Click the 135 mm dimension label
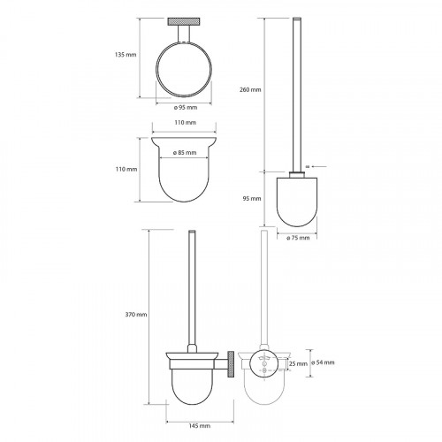click(126, 55)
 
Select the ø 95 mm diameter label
click(186, 108)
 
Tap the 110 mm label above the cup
click(186, 122)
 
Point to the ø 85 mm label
click(185, 153)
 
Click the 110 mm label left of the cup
click(126, 169)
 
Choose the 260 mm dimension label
click(250, 89)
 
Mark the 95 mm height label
click(252, 199)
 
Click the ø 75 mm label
click(298, 238)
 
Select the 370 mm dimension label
click(136, 315)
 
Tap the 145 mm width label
click(200, 426)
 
